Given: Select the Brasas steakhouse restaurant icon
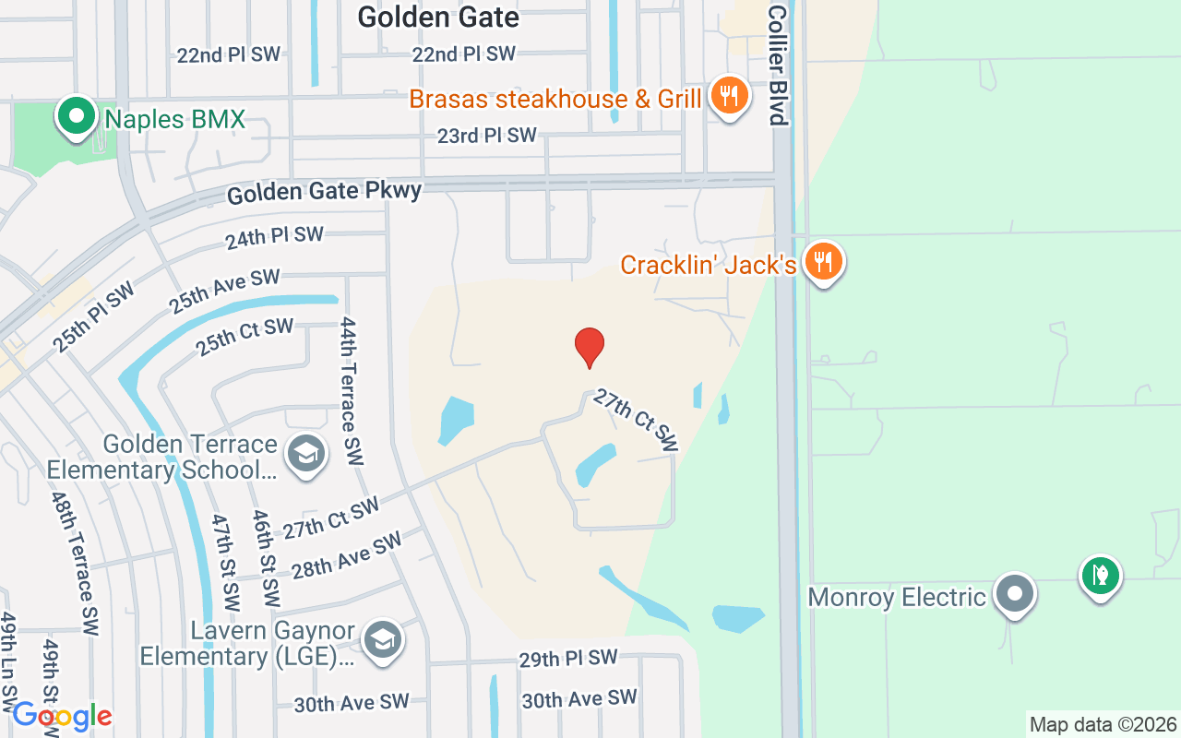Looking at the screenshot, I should point(729,96).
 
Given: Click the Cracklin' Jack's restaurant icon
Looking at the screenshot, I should point(822,263).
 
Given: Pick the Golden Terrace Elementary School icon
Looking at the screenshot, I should point(306,455).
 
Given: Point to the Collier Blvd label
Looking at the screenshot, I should point(777,65).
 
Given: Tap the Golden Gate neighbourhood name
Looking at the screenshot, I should point(438,17).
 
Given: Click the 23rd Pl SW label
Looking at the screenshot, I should point(486,136).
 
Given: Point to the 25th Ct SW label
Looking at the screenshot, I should point(245,337).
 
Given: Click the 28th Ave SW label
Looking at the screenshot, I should point(347,554).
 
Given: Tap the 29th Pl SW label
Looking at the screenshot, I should point(567,658).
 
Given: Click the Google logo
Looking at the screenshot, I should point(62,715).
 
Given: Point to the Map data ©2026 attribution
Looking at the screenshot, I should point(1103,725).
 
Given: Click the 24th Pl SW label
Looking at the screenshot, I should point(274,238).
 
